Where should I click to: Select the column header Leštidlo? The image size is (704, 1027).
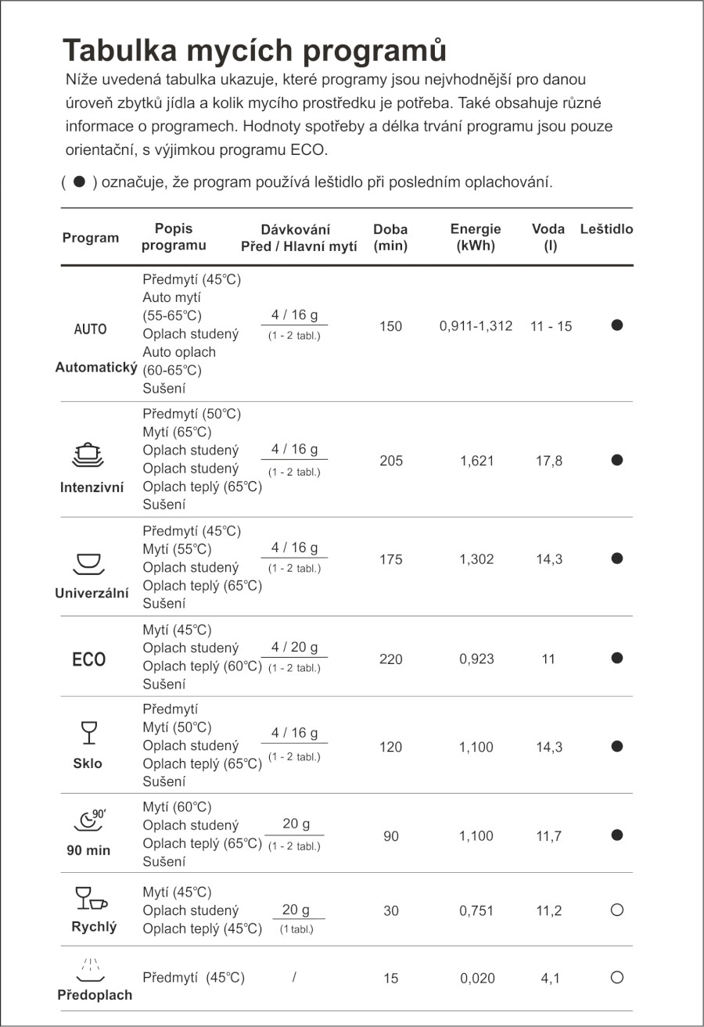point(606,230)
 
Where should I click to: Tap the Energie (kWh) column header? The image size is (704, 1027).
point(476,238)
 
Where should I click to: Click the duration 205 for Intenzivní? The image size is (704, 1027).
point(391,461)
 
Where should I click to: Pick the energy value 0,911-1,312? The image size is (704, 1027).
point(476,326)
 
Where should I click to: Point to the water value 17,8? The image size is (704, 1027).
point(548,461)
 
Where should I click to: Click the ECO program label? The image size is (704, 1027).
point(88,659)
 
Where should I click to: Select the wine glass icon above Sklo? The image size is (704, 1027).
point(88,733)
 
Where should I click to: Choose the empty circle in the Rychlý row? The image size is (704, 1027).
point(616,910)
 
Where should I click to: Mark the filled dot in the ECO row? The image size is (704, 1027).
point(616,659)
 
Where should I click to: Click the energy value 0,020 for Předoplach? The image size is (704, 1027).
point(477,978)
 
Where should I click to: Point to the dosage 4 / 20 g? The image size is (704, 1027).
point(294,648)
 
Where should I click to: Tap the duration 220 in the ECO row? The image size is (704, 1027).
point(391,659)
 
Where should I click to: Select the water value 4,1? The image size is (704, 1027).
point(549,978)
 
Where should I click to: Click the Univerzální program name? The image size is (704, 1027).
point(92,593)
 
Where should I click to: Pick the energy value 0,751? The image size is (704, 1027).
point(477,911)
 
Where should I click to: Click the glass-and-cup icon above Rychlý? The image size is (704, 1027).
point(90,899)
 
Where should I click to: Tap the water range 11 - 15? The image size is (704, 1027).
point(551,326)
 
